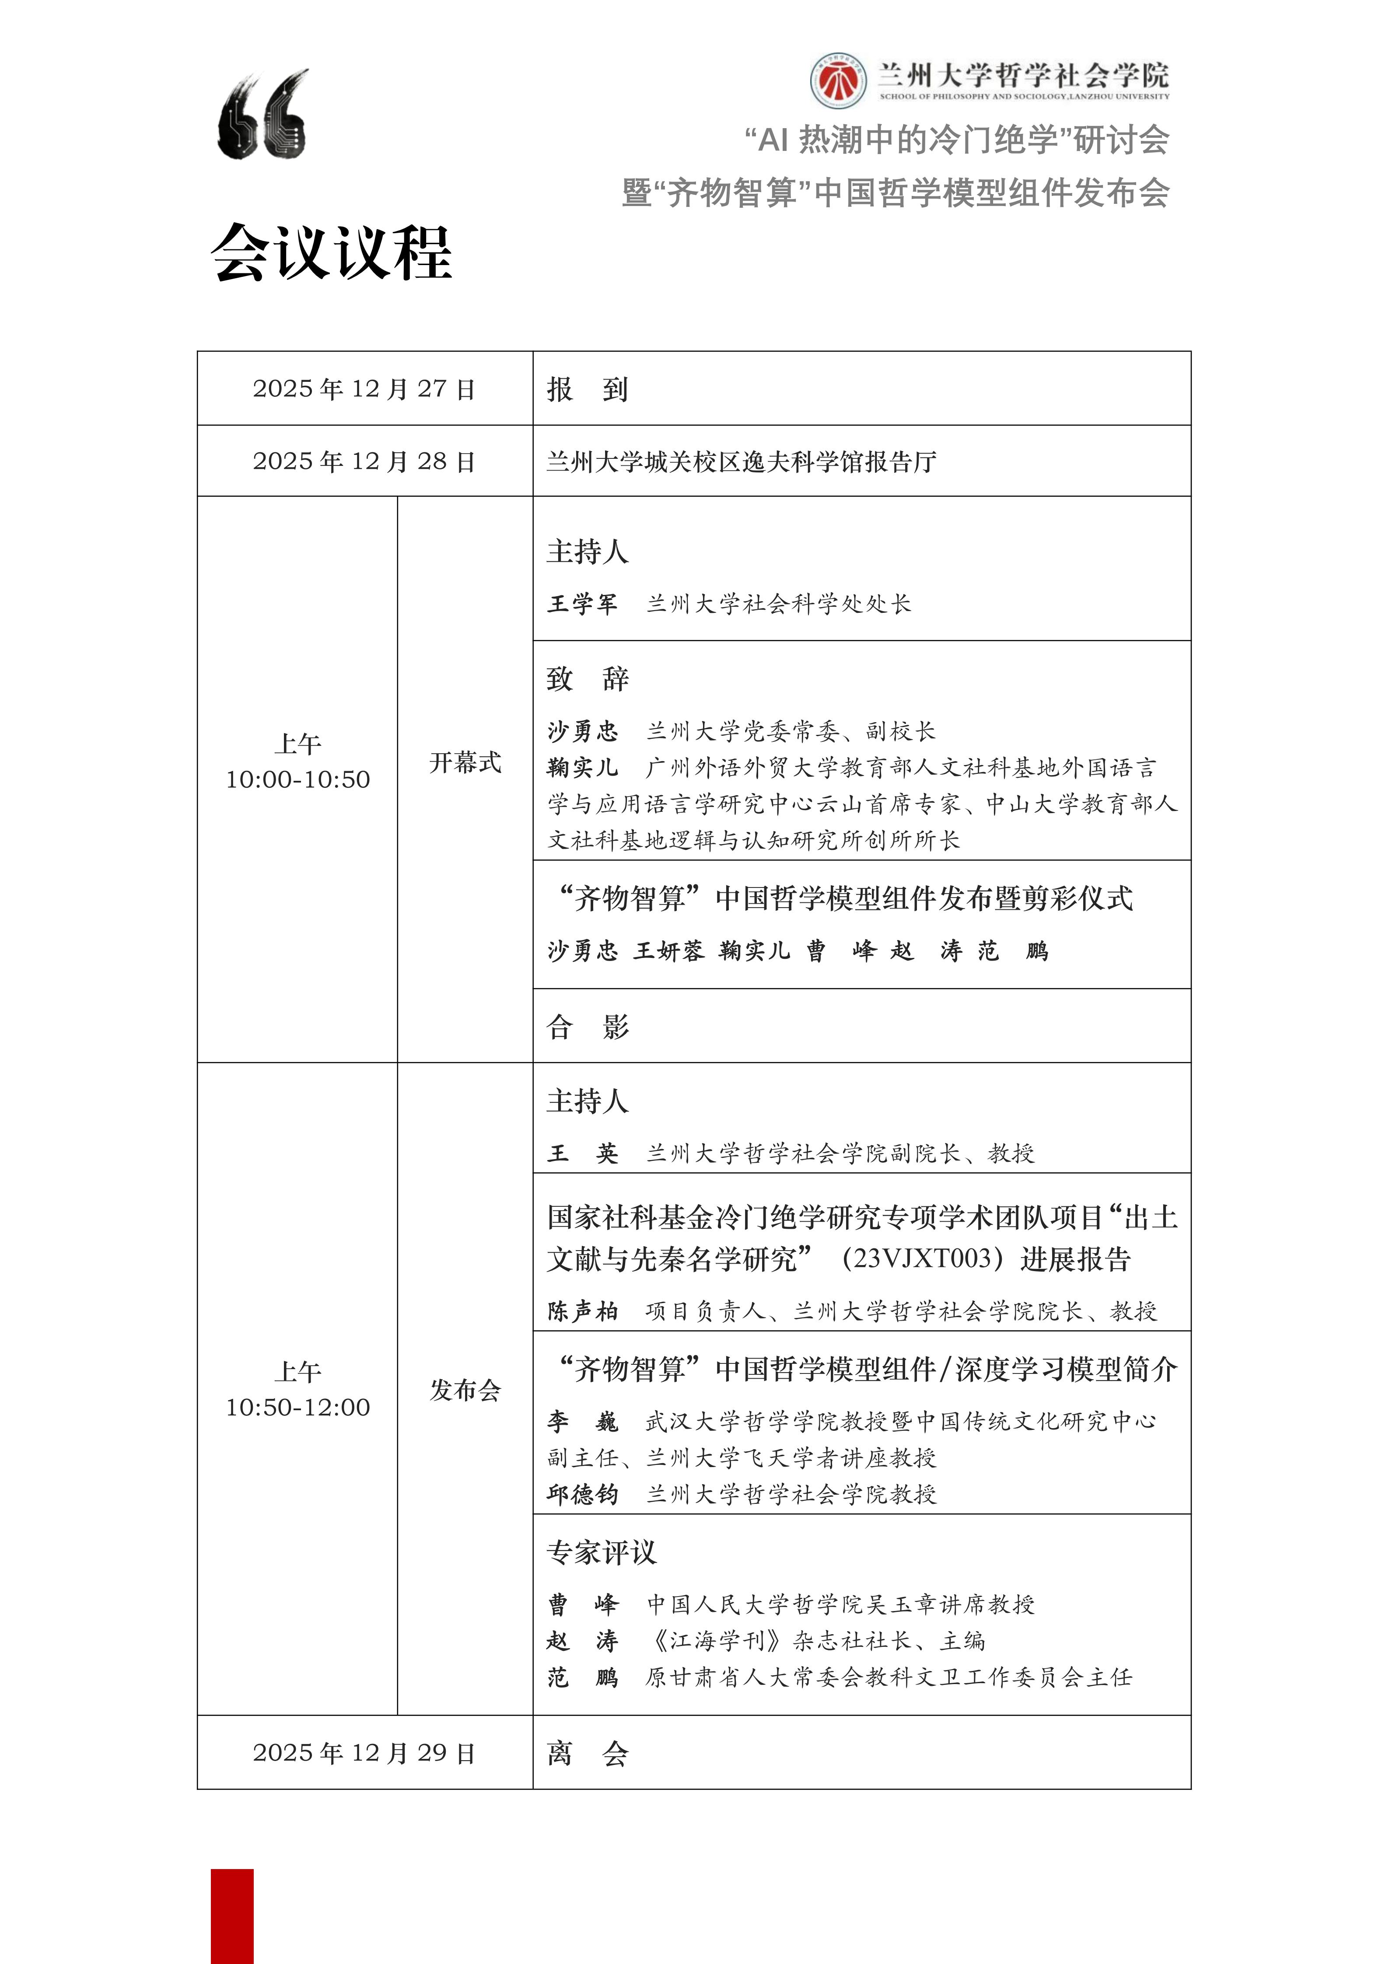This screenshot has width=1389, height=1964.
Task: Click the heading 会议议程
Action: tap(332, 253)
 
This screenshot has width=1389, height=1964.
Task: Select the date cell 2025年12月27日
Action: tap(364, 389)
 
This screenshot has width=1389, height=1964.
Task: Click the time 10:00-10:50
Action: tap(297, 780)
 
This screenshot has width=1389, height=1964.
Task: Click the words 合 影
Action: tap(588, 1027)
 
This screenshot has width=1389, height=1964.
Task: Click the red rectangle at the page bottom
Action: tap(233, 1916)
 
